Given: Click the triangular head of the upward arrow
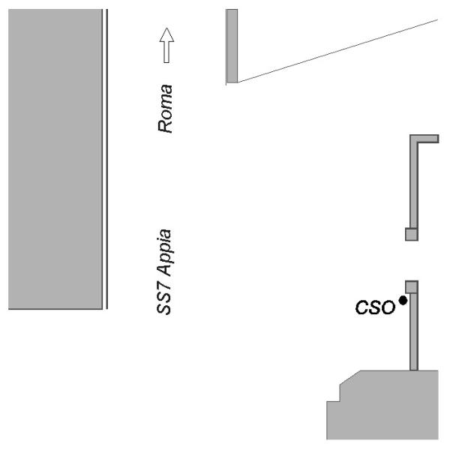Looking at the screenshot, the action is pyautogui.click(x=166, y=35).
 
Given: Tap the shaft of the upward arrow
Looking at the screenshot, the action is pyautogui.click(x=166, y=52).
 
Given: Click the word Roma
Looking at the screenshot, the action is pyautogui.click(x=165, y=109).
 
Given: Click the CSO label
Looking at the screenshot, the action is pyautogui.click(x=375, y=307).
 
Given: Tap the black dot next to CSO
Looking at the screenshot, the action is pyautogui.click(x=403, y=301).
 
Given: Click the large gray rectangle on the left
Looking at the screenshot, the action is pyautogui.click(x=55, y=159).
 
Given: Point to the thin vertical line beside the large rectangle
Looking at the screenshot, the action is pyautogui.click(x=107, y=159).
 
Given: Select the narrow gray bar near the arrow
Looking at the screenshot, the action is pyautogui.click(x=232, y=46).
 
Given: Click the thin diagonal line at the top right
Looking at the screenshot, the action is pyautogui.click(x=337, y=51).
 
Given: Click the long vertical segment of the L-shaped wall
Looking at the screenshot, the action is pyautogui.click(x=414, y=185).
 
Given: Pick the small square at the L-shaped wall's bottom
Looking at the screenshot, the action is pyautogui.click(x=412, y=234).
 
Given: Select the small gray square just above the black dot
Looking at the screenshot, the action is pyautogui.click(x=412, y=287).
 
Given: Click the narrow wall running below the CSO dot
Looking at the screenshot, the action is pyautogui.click(x=414, y=331).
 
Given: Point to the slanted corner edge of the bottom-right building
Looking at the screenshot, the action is pyautogui.click(x=350, y=377).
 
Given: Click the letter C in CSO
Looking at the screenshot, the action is pyautogui.click(x=361, y=307).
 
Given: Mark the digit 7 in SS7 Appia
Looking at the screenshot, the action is pyautogui.click(x=164, y=287).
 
